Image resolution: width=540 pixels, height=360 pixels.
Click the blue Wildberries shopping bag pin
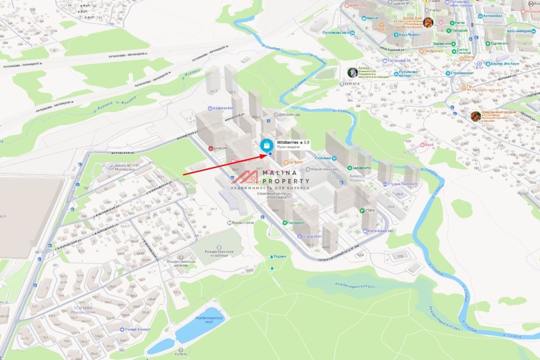click(266, 145)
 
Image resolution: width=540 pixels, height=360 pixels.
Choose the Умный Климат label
click(134, 329)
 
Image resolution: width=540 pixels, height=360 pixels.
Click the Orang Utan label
click(311, 236)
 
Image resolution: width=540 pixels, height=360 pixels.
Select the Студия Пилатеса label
click(403, 184)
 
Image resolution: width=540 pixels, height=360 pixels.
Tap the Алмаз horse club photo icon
click(352, 72)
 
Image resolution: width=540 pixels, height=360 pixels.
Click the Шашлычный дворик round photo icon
click(475, 116)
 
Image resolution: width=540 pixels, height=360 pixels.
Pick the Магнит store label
click(372, 18)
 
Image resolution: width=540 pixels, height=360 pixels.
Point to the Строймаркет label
click(463, 73)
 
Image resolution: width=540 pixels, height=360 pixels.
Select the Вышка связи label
click(243, 223)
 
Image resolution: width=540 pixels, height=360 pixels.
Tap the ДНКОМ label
click(220, 148)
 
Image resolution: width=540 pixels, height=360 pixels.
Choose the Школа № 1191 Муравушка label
click(127, 168)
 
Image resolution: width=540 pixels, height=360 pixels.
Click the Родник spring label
click(279, 256)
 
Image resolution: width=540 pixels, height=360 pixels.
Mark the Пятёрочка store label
click(432, 51)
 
